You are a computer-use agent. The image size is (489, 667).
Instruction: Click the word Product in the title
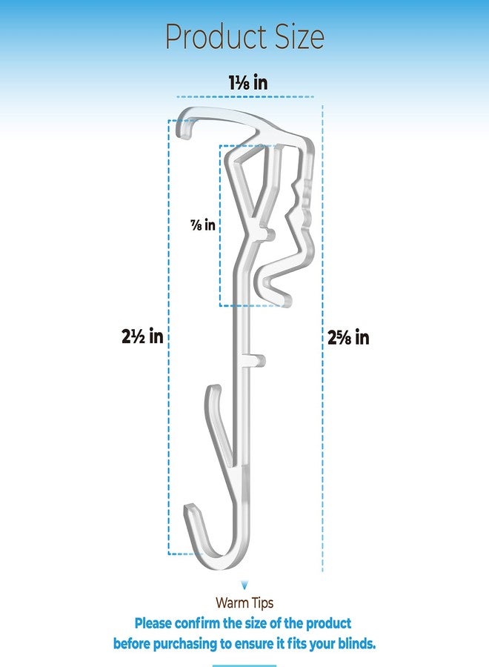pyautogui.click(x=216, y=38)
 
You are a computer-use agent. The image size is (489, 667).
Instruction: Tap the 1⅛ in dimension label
pyautogui.click(x=248, y=82)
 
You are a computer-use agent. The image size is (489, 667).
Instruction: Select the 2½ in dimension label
pyautogui.click(x=142, y=336)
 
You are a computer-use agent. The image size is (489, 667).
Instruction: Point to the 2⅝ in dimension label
pyautogui.click(x=348, y=337)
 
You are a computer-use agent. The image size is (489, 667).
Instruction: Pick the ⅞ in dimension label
pyautogui.click(x=203, y=225)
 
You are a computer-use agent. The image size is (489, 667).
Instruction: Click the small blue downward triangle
pyautogui.click(x=244, y=585)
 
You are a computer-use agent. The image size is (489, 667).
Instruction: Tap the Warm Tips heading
pyautogui.click(x=244, y=603)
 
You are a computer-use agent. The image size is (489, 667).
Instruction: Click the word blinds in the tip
pyautogui.click(x=357, y=643)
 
